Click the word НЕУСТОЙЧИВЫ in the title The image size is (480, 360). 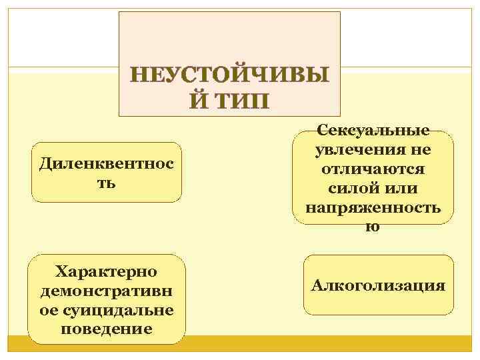click(x=229, y=75)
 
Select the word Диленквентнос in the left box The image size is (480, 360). click(x=106, y=163)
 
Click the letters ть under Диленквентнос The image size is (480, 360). click(x=106, y=182)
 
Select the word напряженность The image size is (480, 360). click(x=373, y=207)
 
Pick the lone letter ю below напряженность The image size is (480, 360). click(x=373, y=226)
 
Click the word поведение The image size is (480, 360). click(x=106, y=329)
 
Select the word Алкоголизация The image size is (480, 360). click(x=377, y=285)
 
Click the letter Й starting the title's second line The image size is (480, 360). click(x=193, y=101)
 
